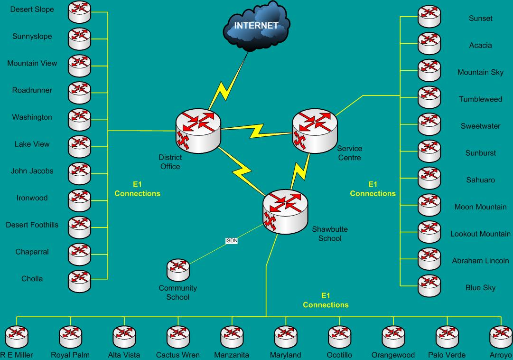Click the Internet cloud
click(x=257, y=26)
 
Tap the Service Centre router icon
click(x=315, y=130)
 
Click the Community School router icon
click(x=178, y=270)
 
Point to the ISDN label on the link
click(x=232, y=241)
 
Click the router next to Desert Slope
click(x=79, y=11)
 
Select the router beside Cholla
click(x=79, y=280)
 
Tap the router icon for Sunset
click(x=429, y=16)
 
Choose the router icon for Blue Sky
click(x=429, y=286)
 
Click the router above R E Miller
click(x=17, y=336)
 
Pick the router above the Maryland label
click(x=286, y=336)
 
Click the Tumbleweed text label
click(x=480, y=99)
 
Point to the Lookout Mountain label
click(x=480, y=234)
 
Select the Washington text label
click(x=32, y=117)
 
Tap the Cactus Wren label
click(x=178, y=355)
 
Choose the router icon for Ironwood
click(x=79, y=199)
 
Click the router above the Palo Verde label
click(x=447, y=336)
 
